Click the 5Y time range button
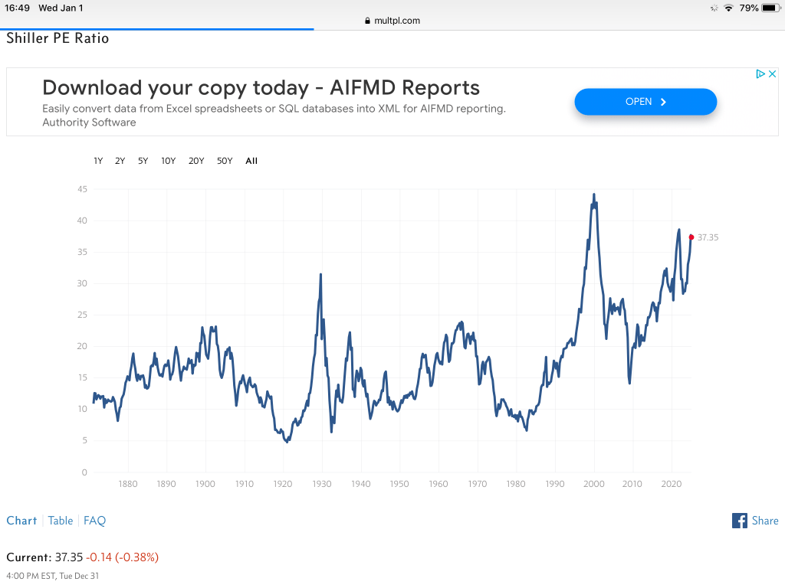point(143,161)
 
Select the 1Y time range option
point(98,161)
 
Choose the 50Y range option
point(225,161)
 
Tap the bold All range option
point(251,161)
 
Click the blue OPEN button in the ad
point(645,102)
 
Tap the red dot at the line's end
point(691,237)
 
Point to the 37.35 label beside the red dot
point(708,237)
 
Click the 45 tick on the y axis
point(82,189)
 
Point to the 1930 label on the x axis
point(322,484)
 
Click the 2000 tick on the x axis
point(594,484)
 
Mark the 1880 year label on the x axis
point(128,484)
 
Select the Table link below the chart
point(61,521)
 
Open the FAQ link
point(94,521)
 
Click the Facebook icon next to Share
point(740,521)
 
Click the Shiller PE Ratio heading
point(58,38)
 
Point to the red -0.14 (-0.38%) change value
point(123,557)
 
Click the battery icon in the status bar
point(770,8)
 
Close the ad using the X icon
point(773,74)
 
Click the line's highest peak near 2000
point(594,195)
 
